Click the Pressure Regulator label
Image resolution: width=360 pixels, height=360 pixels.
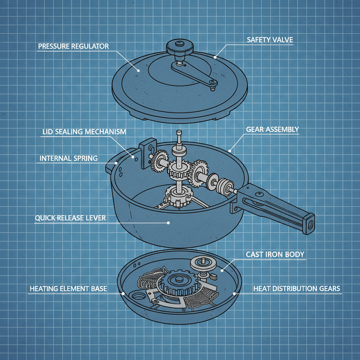[73, 46]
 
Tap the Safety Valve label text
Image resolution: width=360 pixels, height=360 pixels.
[270, 40]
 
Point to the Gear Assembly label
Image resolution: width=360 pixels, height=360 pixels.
[272, 129]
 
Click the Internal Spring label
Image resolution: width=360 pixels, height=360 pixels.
[69, 159]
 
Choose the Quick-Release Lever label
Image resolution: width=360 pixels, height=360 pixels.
[70, 218]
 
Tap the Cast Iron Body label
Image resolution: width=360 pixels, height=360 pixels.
[275, 254]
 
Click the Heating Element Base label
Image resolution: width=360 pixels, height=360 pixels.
[68, 289]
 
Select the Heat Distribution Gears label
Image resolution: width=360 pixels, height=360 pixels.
[297, 289]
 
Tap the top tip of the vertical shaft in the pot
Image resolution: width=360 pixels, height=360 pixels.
[180, 133]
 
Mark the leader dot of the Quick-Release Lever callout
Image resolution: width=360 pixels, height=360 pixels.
[168, 223]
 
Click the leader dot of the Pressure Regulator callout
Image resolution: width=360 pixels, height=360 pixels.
[139, 70]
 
